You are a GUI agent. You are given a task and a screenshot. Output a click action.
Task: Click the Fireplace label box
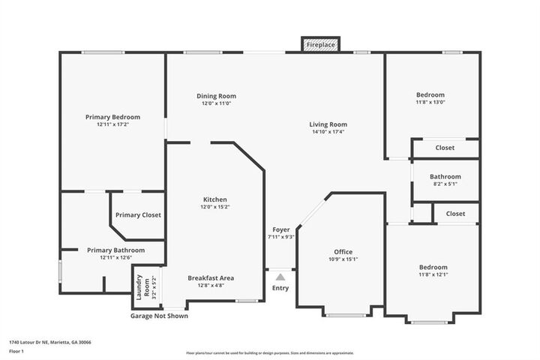click(x=321, y=45)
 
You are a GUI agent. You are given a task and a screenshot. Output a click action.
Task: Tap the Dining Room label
click(x=216, y=96)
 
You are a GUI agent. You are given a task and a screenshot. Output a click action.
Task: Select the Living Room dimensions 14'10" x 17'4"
click(x=328, y=132)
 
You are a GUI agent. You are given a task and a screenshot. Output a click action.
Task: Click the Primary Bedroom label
click(x=112, y=117)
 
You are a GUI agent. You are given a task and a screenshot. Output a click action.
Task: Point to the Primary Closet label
click(x=138, y=215)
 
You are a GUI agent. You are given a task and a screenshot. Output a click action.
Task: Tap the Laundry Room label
click(x=139, y=285)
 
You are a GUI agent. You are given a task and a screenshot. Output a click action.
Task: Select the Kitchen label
click(x=210, y=199)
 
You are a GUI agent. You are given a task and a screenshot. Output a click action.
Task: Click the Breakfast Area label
click(x=211, y=277)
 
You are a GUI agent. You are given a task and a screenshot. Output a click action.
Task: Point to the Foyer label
click(x=280, y=229)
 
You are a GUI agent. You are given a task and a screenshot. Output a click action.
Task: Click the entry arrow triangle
click(x=280, y=277)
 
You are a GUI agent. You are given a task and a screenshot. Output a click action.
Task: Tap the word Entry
click(x=280, y=288)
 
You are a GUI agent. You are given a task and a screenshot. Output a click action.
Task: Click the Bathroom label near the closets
click(x=445, y=176)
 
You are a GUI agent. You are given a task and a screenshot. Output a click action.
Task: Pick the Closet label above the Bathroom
click(x=445, y=148)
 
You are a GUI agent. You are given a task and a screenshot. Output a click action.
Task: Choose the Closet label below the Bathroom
click(x=455, y=214)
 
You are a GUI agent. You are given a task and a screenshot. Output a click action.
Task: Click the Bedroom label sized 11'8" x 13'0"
click(x=430, y=95)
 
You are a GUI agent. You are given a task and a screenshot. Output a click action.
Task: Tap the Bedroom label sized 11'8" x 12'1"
click(x=433, y=268)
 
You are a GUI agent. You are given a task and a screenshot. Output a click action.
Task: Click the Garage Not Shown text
click(x=159, y=316)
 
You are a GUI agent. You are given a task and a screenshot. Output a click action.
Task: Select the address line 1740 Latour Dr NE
click(x=49, y=342)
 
